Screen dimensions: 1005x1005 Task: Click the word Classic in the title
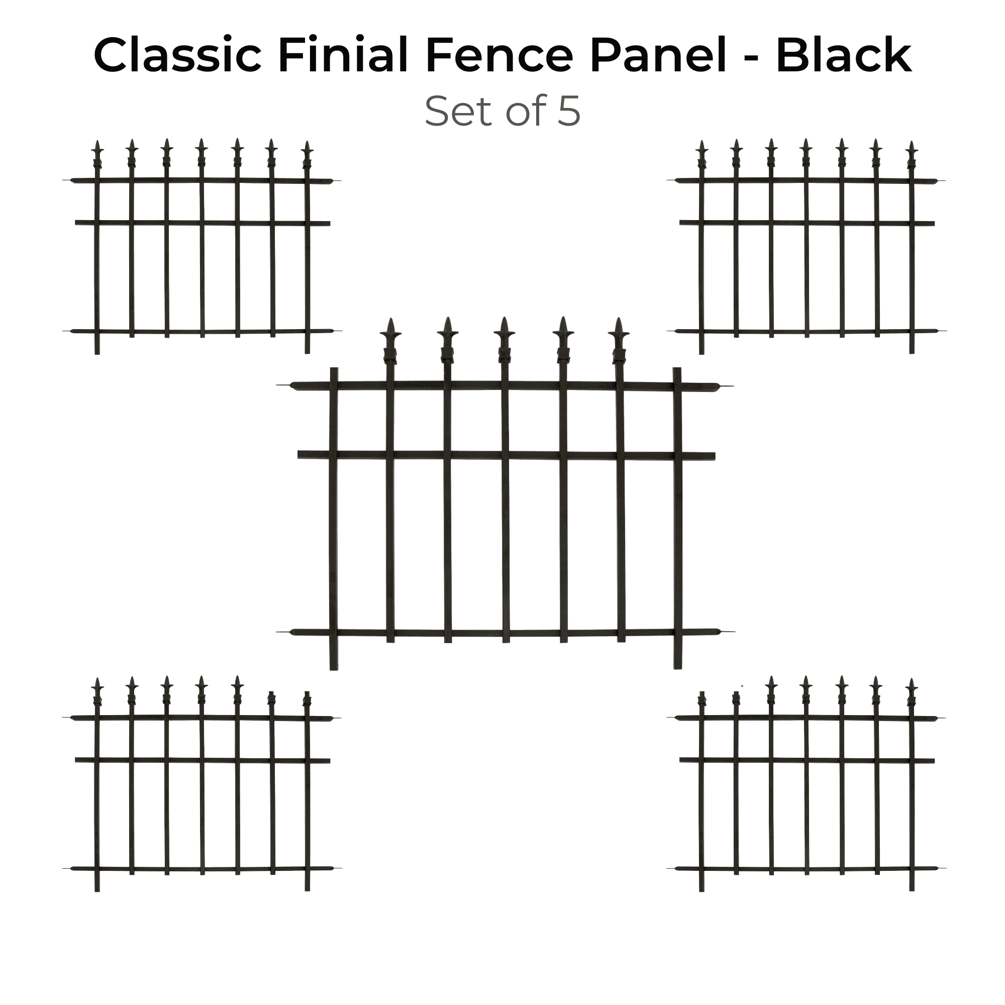coord(177,56)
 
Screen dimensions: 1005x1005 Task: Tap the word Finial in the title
coord(343,55)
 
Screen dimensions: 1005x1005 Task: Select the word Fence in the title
coord(499,56)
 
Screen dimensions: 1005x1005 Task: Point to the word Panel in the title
coord(658,56)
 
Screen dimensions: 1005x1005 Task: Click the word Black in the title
coord(843,56)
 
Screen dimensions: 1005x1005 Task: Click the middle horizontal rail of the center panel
coord(506,455)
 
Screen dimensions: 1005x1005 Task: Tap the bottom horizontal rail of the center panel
coord(505,633)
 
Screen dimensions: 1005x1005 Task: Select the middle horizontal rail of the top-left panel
coord(203,223)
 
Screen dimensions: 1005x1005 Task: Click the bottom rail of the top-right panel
coord(807,331)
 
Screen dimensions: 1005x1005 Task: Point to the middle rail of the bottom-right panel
coord(807,760)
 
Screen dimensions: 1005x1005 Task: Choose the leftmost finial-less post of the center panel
coord(334,519)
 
